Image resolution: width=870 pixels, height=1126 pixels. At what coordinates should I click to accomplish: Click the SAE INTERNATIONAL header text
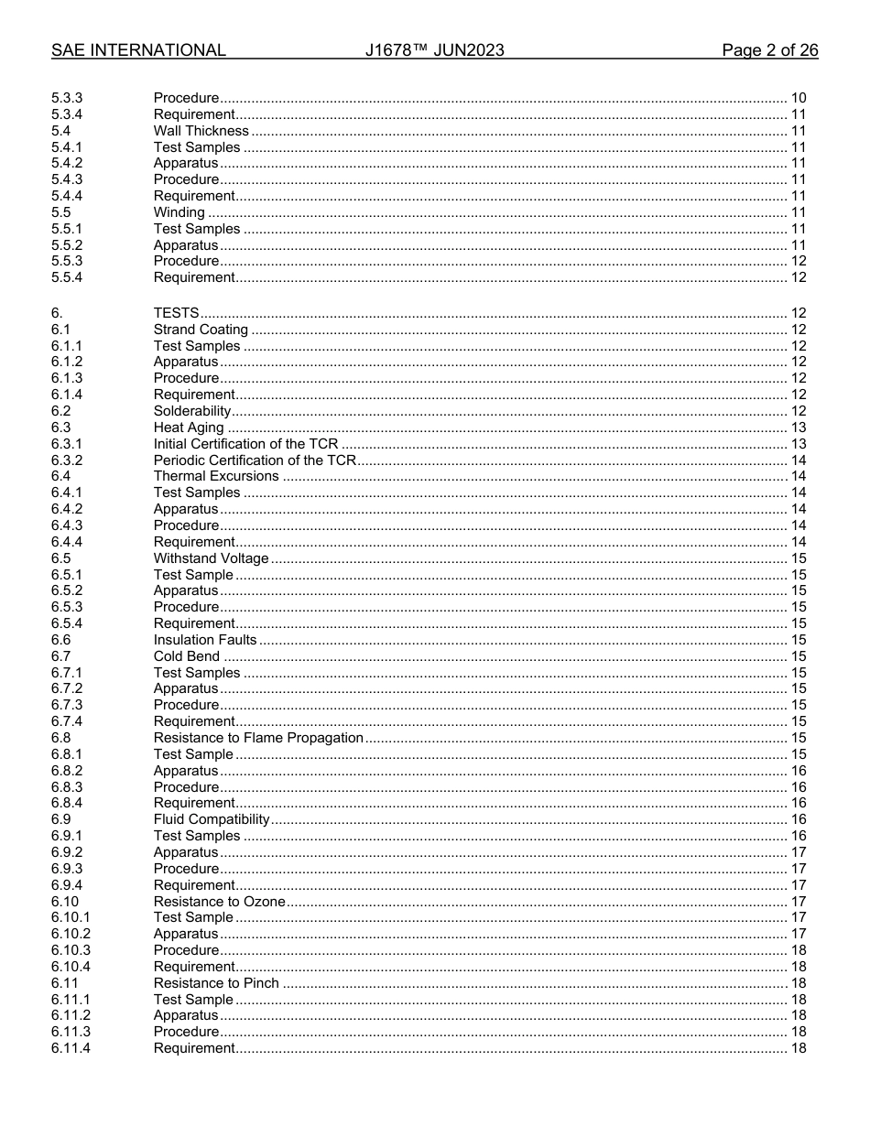(x=138, y=50)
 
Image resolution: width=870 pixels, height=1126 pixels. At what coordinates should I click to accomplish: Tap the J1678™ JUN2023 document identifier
(x=434, y=50)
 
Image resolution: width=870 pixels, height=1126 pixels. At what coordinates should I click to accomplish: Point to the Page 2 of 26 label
(x=769, y=50)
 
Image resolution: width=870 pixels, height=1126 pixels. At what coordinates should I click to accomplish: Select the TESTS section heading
(x=176, y=313)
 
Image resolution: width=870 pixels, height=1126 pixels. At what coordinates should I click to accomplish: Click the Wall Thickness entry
(x=201, y=131)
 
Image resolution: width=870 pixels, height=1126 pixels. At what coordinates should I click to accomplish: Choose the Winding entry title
(x=179, y=212)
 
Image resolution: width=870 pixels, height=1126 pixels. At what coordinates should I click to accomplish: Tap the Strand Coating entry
(x=201, y=330)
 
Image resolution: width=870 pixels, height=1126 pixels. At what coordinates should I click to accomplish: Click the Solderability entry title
(x=191, y=411)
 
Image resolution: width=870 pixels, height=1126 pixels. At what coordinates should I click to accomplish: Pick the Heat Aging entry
(x=188, y=428)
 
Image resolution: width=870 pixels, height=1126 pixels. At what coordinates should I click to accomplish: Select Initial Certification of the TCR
(x=245, y=444)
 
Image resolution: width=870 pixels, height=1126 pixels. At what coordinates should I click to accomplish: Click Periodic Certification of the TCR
(x=254, y=460)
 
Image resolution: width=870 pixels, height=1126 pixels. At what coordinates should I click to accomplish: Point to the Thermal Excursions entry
(x=216, y=476)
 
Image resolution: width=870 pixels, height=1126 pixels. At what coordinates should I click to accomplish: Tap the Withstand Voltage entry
(x=211, y=558)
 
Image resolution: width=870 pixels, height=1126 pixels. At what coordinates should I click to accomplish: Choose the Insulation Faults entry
(x=205, y=640)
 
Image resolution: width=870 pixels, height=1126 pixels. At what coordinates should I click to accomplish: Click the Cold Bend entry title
(x=187, y=656)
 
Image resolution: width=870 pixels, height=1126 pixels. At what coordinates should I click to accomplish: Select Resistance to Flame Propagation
(x=258, y=738)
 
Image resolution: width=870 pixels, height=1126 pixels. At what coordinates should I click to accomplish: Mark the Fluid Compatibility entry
(x=212, y=819)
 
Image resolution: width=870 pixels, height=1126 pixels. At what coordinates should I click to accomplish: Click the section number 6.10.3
(x=71, y=950)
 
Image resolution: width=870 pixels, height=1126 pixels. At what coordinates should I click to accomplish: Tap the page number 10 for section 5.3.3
(x=798, y=98)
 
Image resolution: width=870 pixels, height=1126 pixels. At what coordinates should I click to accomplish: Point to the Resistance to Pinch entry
(x=216, y=983)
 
